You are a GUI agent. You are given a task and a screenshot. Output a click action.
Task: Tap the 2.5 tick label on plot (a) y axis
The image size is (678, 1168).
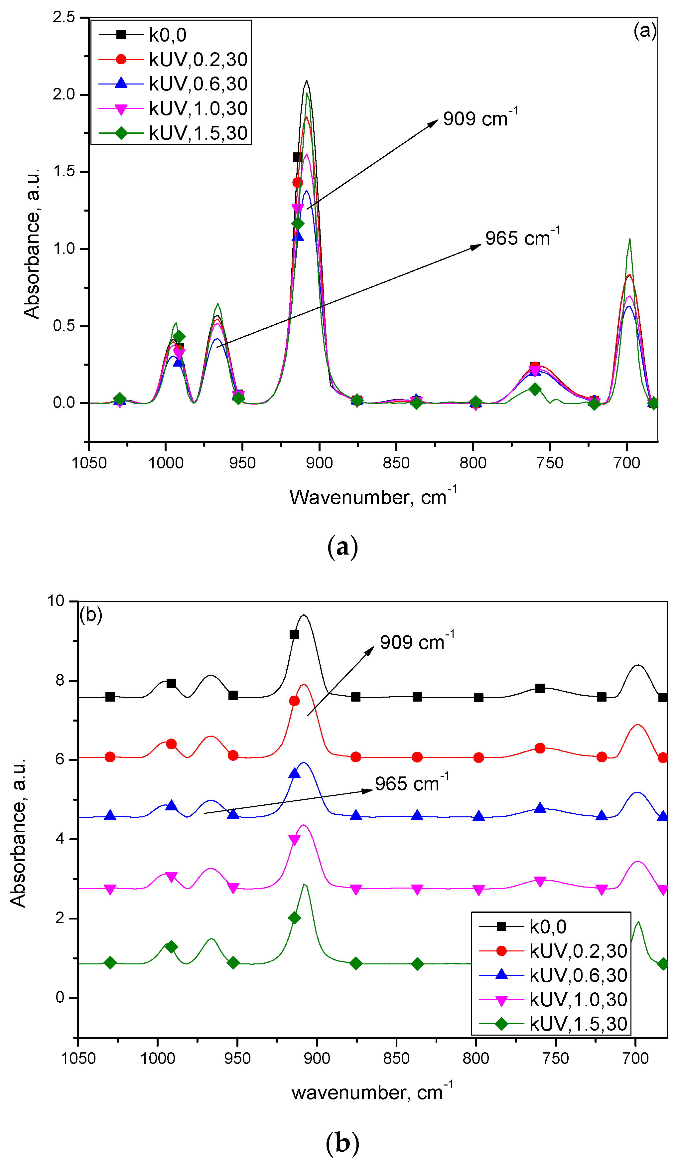64,17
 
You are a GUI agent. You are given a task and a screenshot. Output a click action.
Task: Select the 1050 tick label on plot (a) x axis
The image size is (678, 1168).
89,462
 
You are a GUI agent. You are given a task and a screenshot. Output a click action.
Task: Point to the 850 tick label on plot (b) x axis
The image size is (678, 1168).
396,1058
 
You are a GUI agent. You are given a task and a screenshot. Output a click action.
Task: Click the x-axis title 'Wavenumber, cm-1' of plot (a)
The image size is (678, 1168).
373,497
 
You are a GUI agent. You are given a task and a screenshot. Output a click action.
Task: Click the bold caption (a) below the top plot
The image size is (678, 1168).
342,547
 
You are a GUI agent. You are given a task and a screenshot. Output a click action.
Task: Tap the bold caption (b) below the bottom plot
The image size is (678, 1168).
342,1143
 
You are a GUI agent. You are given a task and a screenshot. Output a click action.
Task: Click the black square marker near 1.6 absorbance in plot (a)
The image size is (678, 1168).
298,157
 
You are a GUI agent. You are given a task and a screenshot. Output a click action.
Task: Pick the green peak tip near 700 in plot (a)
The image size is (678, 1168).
629,239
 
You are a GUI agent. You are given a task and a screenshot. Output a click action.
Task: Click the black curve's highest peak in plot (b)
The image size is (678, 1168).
304,615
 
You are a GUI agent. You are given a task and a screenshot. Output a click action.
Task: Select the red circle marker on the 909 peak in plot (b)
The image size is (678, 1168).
294,701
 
